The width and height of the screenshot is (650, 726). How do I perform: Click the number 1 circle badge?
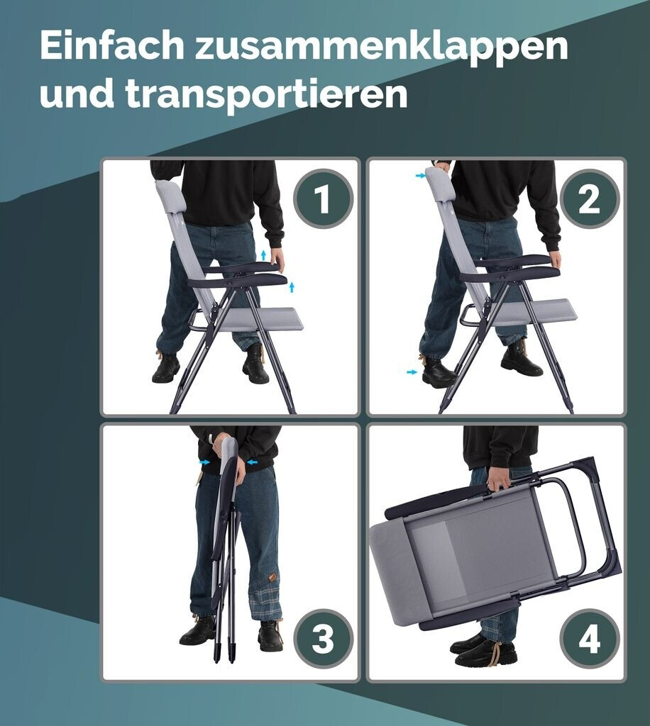323,199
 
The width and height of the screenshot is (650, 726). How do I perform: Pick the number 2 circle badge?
589,199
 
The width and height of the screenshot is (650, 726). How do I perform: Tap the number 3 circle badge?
323,639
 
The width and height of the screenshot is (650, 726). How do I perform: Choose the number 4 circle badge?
589,639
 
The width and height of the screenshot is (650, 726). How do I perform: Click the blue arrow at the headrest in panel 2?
420,176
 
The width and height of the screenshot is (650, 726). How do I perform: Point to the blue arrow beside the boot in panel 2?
412,372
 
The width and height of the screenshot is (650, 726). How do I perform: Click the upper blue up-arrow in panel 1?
263,255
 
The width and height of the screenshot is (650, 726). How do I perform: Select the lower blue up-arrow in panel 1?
292,287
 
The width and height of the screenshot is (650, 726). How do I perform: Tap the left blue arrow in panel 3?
204,462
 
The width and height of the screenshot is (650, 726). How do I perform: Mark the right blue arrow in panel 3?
253,462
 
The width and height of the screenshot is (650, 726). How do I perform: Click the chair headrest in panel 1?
170,197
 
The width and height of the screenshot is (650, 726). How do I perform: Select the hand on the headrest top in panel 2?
442,166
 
